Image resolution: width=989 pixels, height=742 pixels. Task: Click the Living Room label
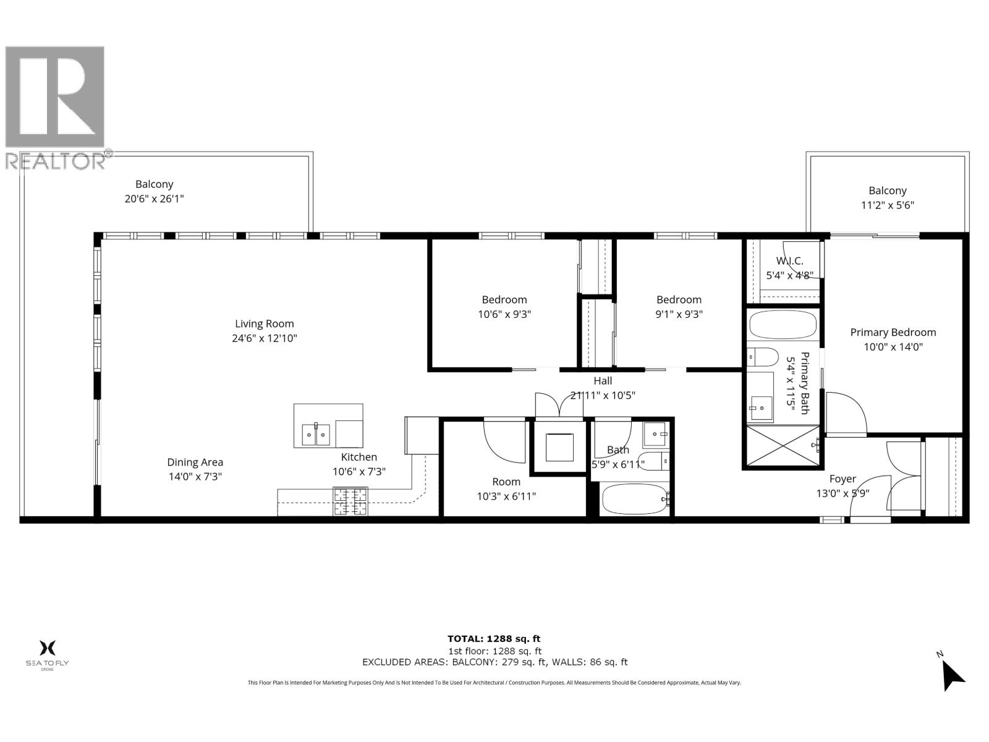pos(265,324)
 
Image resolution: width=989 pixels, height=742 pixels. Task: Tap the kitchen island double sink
pos(316,434)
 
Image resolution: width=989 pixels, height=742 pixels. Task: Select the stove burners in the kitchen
pos(350,501)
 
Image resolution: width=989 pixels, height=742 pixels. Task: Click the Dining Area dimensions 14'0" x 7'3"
pos(195,477)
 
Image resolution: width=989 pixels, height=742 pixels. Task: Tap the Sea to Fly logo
pos(47,654)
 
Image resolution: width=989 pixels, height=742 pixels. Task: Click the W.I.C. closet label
pos(789,262)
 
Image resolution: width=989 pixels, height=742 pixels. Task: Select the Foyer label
pos(843,479)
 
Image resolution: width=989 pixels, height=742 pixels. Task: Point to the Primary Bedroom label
pos(893,333)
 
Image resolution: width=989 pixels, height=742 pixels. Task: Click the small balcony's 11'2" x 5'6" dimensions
pos(887,206)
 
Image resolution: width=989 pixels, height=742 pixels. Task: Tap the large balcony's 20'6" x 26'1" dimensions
pos(154,199)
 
